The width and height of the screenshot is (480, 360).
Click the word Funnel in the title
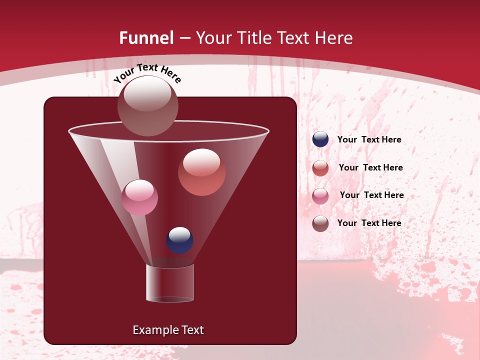tap(146, 38)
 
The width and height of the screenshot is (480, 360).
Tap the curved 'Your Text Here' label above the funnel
tap(147, 73)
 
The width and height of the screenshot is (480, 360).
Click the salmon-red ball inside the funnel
tap(201, 172)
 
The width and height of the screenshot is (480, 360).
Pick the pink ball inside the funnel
tap(139, 197)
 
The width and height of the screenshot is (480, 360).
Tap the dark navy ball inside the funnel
tap(179, 240)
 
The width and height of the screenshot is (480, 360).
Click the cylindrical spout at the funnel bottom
tap(170, 283)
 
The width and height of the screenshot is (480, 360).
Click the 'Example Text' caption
tap(168, 330)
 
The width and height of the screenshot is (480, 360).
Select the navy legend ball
tap(320, 139)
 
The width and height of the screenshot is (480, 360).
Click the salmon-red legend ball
tap(320, 167)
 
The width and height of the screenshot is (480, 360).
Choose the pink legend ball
tap(320, 195)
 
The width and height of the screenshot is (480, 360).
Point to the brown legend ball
tap(320, 223)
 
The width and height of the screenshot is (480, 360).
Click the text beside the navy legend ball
tap(369, 140)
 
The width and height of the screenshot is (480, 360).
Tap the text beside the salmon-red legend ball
tap(370, 168)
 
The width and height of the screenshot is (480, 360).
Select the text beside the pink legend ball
tap(371, 195)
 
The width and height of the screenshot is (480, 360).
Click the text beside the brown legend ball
tap(369, 223)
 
